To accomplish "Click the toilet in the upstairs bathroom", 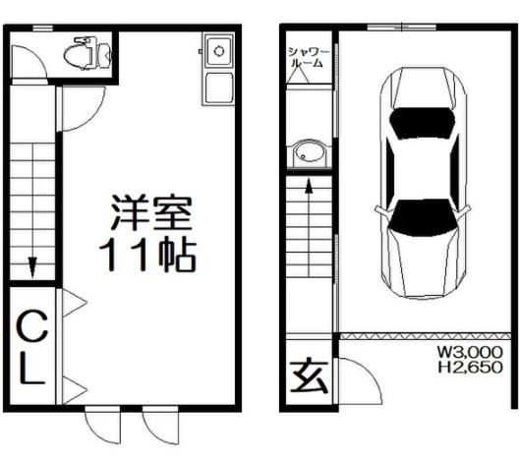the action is (x=87, y=53).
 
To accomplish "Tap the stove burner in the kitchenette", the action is (x=219, y=51).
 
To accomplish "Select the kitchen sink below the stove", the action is (x=218, y=88).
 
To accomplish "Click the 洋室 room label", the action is (x=152, y=212).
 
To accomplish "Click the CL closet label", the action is (x=31, y=347).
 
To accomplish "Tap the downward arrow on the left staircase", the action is (x=32, y=267).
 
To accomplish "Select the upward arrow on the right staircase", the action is (x=309, y=186).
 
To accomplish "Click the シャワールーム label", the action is (x=309, y=57).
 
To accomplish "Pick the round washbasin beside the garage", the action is (x=310, y=154).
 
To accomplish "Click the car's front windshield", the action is (x=423, y=217).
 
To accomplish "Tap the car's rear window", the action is (x=422, y=123).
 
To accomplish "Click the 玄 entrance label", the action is (x=309, y=375).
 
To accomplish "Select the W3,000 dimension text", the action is (x=470, y=352).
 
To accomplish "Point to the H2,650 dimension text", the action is (x=470, y=368).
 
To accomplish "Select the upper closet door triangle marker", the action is (x=75, y=303).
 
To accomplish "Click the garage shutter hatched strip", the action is (x=426, y=336).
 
